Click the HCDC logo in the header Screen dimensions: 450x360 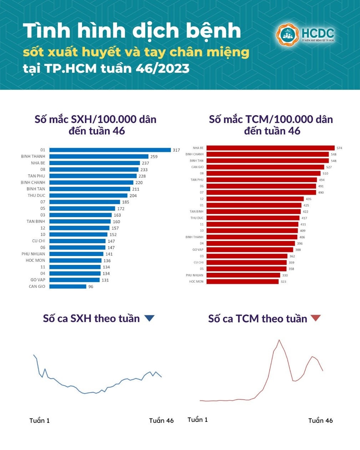[305, 35]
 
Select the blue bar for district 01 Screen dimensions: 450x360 [110, 150]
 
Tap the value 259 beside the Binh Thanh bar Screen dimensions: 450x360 [154, 157]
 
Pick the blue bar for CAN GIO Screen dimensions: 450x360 [68, 286]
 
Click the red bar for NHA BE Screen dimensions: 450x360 [270, 148]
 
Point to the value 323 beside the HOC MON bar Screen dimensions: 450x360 [283, 282]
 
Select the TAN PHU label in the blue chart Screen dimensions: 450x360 [36, 176]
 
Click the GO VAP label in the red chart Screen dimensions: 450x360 [198, 250]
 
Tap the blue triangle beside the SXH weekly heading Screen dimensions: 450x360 [149, 318]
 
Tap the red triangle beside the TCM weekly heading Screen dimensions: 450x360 [316, 318]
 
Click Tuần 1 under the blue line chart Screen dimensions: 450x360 [40, 421]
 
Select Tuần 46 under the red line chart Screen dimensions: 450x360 [320, 421]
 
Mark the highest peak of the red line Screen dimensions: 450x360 [279, 340]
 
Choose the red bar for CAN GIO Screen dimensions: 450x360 [265, 167]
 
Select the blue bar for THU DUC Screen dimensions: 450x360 [88, 195]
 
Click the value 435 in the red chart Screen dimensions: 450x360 [308, 199]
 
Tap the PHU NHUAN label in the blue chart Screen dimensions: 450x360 [33, 254]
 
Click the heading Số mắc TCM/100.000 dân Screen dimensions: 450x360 [271, 119]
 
